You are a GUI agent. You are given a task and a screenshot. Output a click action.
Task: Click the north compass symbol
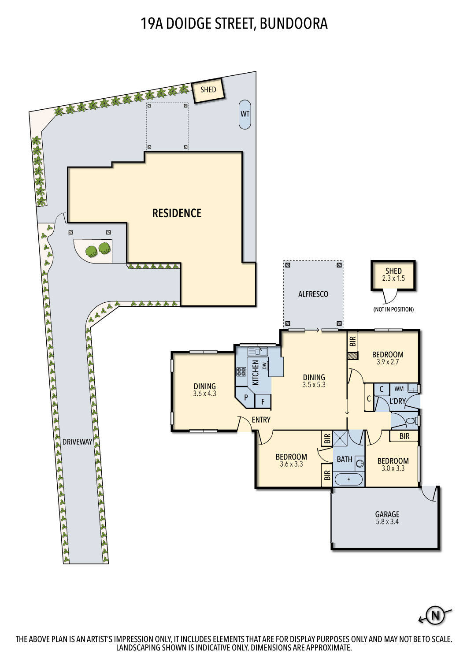[x=435, y=615]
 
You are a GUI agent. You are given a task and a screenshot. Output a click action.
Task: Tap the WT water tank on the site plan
[x=245, y=114]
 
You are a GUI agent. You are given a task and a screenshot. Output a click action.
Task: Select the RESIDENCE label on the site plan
[x=177, y=213]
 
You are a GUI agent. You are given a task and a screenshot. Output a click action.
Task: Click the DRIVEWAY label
[x=77, y=442]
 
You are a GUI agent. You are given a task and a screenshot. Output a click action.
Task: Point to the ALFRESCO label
[x=313, y=294]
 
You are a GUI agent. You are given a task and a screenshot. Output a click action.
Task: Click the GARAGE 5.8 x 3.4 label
[x=387, y=517]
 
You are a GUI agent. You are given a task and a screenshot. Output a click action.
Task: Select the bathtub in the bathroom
[x=348, y=479]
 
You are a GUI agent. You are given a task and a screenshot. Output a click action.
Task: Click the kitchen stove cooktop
[x=241, y=371]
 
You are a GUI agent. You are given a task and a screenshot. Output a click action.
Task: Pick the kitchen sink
[x=258, y=351]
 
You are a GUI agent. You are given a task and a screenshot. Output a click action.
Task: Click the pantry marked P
[x=246, y=397]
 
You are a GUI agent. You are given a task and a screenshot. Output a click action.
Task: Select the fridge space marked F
[x=263, y=401]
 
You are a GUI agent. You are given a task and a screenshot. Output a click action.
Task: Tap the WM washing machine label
[x=399, y=389]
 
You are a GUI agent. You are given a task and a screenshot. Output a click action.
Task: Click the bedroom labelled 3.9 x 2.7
[x=388, y=358]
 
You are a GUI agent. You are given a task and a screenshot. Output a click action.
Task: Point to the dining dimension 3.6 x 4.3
[x=204, y=394]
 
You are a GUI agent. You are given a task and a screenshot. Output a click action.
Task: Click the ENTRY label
[x=261, y=420]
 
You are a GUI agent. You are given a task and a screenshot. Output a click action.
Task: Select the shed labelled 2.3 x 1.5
[x=393, y=275]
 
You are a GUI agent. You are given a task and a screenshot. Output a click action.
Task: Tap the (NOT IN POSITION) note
[x=393, y=309]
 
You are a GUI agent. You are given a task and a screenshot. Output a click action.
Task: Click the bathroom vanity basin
[x=360, y=463]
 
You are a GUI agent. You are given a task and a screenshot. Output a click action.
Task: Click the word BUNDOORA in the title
[x=293, y=23]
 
